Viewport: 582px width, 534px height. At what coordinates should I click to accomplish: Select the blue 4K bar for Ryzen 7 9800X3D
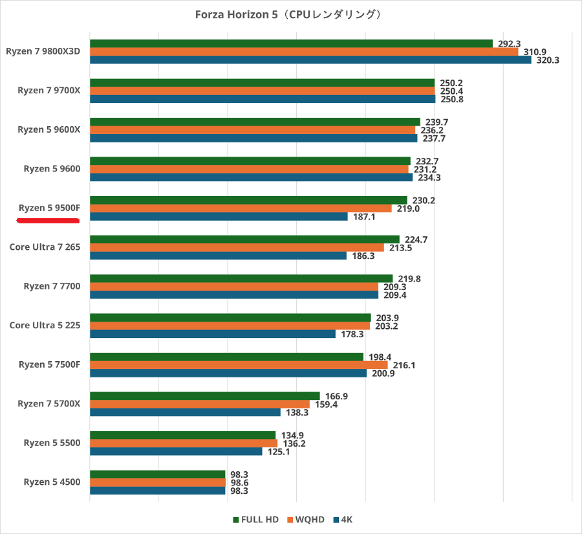click(310, 60)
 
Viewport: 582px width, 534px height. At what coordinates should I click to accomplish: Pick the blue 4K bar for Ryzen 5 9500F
click(219, 217)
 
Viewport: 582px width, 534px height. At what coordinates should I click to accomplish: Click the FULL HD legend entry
click(255, 520)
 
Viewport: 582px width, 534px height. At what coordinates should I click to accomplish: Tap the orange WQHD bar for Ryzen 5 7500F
click(239, 365)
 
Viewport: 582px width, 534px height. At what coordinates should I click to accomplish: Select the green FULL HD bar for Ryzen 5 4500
click(157, 474)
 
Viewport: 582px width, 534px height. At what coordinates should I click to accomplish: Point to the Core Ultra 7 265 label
click(45, 247)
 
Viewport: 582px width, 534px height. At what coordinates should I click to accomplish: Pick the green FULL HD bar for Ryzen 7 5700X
click(205, 396)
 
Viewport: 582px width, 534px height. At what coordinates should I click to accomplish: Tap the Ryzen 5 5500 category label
click(52, 443)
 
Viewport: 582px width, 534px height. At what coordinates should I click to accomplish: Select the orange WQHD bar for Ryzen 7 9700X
click(262, 91)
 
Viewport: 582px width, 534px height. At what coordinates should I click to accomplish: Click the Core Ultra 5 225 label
click(45, 325)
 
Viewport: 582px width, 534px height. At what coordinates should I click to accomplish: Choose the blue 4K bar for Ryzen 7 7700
click(234, 295)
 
